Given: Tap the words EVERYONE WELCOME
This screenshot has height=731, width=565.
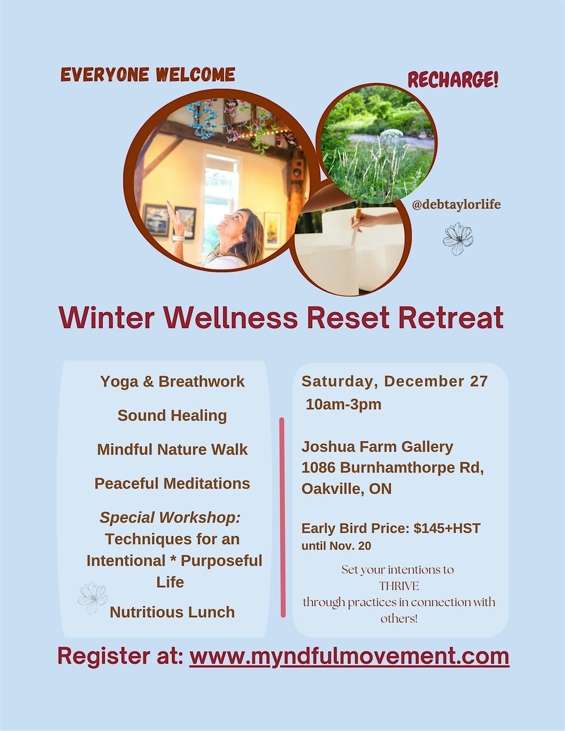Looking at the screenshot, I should tap(148, 75).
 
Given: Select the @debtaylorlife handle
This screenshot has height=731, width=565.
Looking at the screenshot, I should tap(456, 205).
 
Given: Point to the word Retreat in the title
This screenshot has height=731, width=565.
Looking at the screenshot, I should tap(451, 318).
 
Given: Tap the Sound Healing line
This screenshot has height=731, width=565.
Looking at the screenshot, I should tap(172, 415).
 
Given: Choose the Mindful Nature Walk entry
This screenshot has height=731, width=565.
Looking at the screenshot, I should tap(172, 449).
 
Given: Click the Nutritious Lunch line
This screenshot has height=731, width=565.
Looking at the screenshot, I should tap(172, 612).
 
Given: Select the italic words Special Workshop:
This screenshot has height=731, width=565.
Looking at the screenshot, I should tap(170, 517).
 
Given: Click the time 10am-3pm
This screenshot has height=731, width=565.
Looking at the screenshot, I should tap(343, 404).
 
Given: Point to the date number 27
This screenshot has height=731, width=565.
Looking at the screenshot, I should tap(478, 381).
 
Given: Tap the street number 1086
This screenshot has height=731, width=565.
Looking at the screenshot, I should tap(318, 467).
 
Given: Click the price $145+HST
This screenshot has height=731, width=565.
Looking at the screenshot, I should tap(447, 528).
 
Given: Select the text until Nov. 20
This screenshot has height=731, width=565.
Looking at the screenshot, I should tap(336, 546).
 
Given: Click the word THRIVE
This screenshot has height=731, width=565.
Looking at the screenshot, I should tap(399, 586).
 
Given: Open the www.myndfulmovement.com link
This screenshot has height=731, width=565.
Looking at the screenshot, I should tap(349, 656).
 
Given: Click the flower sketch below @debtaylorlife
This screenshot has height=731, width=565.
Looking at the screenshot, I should tap(458, 239).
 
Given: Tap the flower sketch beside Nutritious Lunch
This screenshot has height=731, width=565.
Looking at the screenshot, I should tap(92, 598).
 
